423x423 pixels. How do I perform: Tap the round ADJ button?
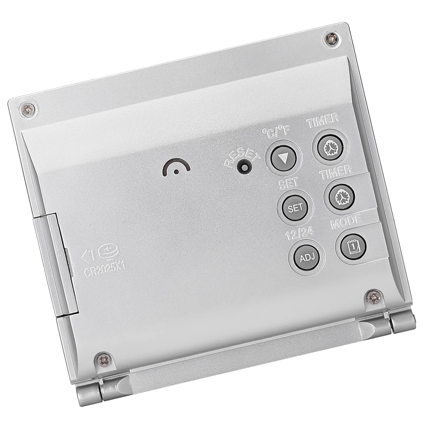307,257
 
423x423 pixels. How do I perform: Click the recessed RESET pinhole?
243,167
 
